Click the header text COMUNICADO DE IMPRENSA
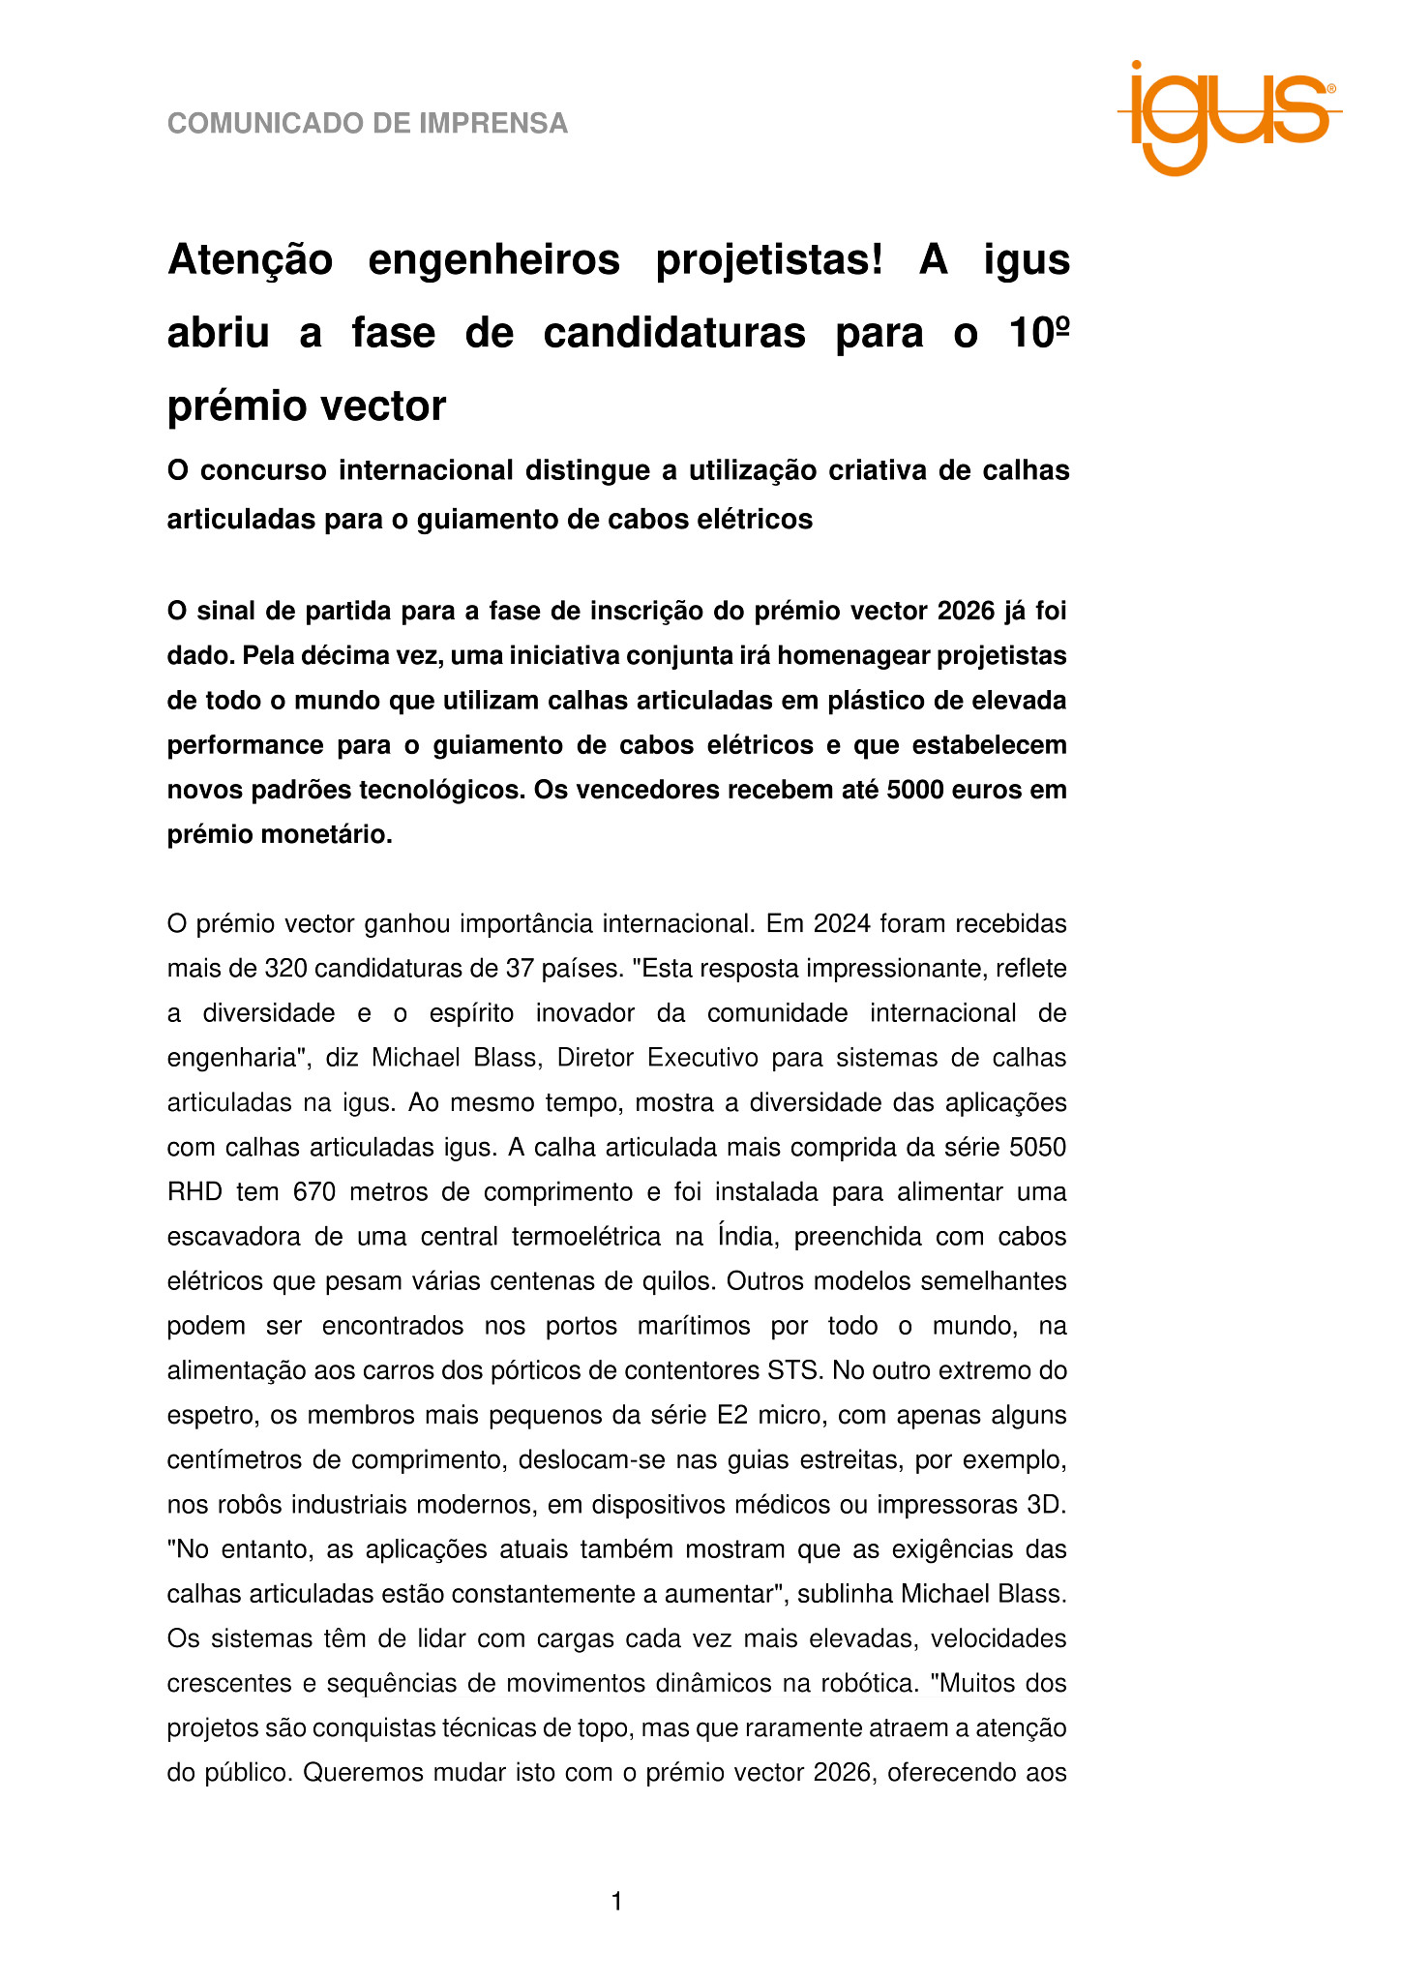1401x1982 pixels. click(368, 124)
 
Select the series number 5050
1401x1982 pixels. click(1037, 1147)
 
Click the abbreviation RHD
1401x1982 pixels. click(194, 1191)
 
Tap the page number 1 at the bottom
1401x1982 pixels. click(616, 1903)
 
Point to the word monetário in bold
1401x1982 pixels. click(332, 834)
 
